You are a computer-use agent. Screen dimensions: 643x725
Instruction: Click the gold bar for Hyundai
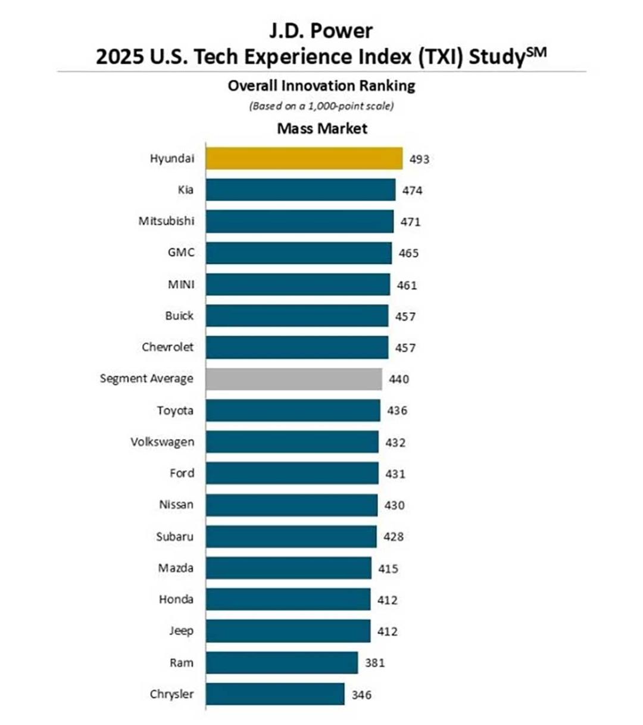point(304,158)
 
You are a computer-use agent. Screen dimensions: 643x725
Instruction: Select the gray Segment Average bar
point(294,379)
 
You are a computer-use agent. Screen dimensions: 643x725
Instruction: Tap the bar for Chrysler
point(275,694)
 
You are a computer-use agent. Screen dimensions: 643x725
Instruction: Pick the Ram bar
point(282,662)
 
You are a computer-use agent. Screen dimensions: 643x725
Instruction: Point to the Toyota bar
point(293,410)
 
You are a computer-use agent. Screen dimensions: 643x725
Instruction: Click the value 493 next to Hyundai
point(419,159)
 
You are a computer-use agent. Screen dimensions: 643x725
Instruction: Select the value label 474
point(413,191)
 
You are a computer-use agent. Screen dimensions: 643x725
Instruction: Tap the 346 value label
point(361,695)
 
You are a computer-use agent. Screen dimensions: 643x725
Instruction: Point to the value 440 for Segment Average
point(399,379)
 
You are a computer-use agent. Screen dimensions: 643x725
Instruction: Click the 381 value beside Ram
point(374,663)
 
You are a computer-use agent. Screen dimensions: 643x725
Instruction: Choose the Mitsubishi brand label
point(166,221)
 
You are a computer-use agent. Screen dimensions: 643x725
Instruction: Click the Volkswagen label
point(163,442)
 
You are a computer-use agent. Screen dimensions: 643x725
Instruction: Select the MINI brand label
point(182,285)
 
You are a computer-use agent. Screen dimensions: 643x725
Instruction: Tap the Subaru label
point(175,537)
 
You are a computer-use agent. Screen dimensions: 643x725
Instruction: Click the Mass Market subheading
point(322,129)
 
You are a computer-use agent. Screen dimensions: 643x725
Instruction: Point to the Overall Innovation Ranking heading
point(321,86)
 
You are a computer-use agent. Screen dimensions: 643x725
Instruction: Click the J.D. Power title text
point(321,31)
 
